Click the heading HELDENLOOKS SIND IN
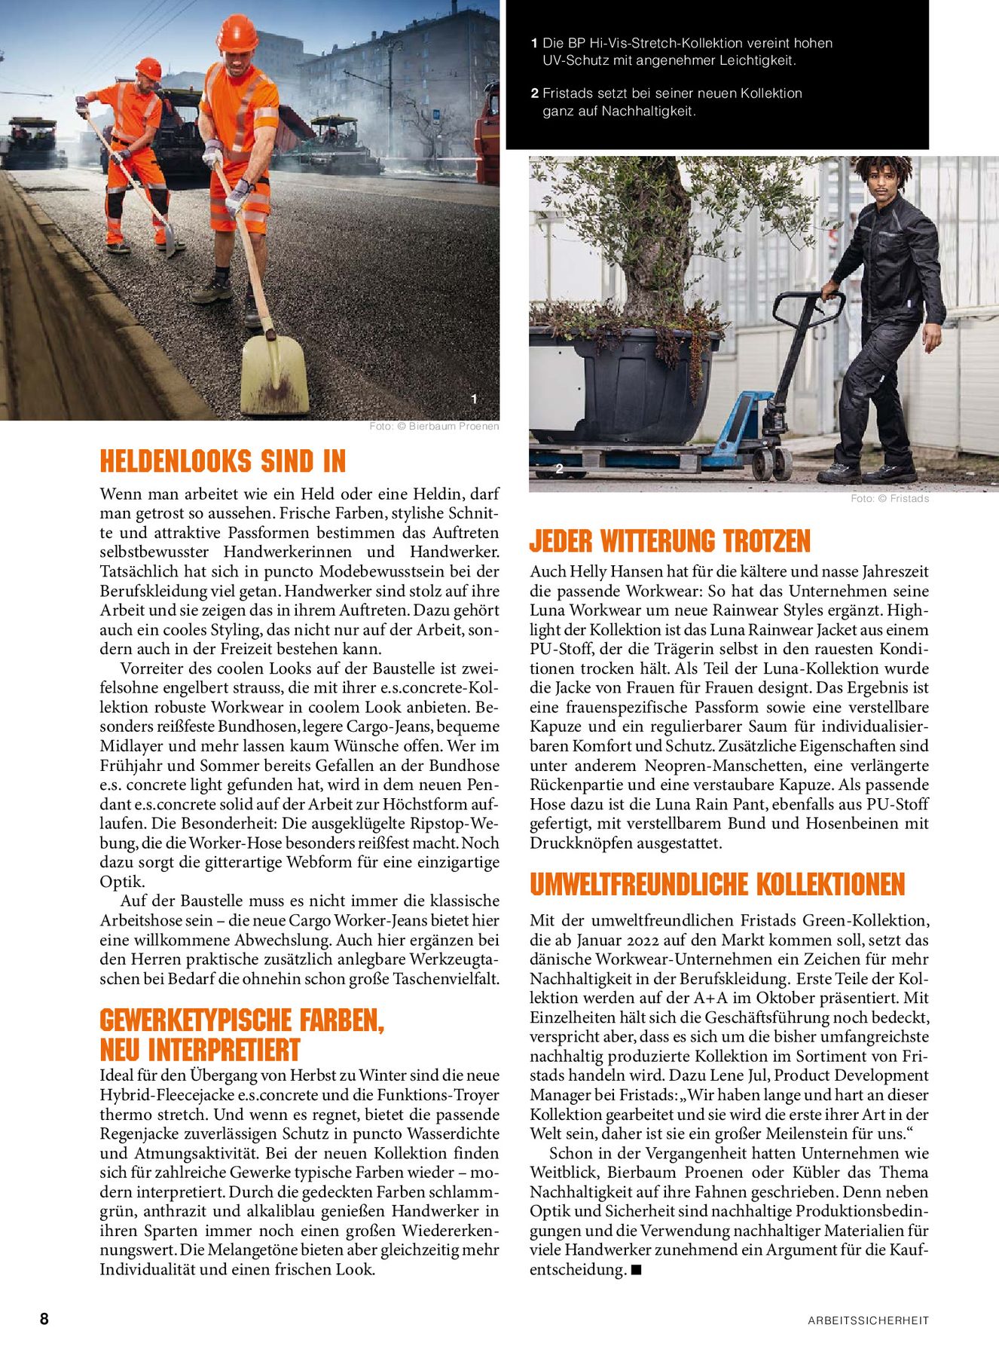(223, 461)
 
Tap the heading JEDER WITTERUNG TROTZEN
(670, 541)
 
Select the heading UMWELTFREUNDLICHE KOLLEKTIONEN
(717, 884)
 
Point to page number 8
(44, 1318)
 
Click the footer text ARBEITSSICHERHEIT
(868, 1320)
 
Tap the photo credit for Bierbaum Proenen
(434, 427)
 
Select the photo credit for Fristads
(890, 499)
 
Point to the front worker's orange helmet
(237, 33)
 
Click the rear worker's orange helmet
(149, 69)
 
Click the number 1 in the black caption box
(534, 44)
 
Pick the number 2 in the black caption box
(534, 93)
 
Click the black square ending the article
(636, 1270)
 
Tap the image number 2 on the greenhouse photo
(559, 469)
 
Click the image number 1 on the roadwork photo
(474, 399)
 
